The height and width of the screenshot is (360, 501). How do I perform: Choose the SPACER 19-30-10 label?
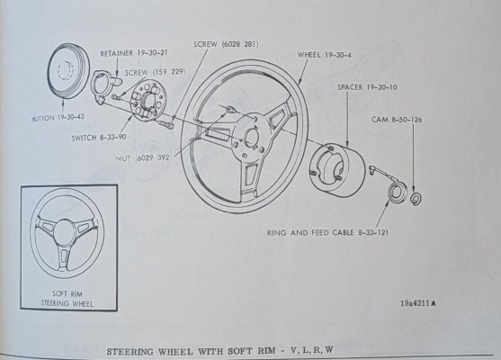[368, 88]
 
